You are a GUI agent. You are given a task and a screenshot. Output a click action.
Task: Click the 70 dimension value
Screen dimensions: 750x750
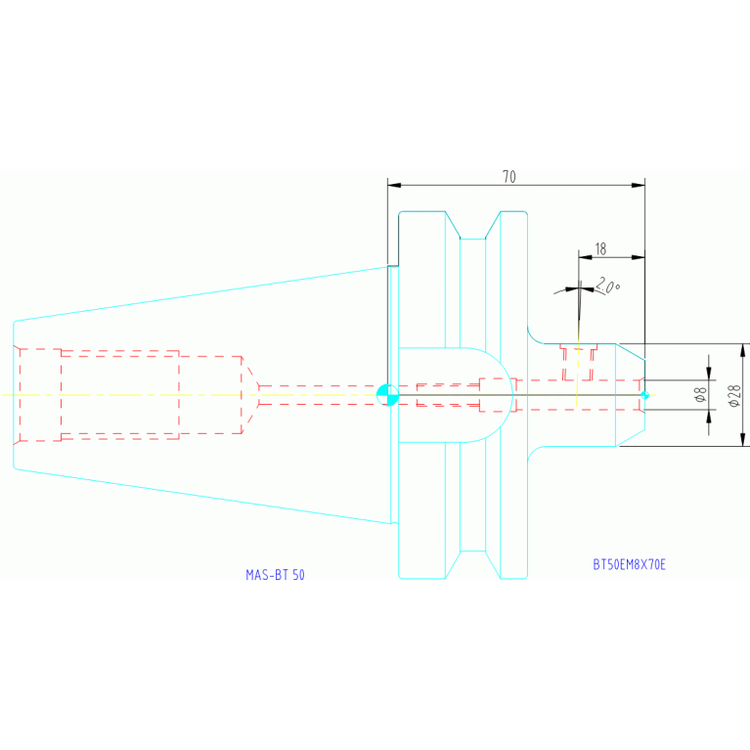tap(509, 177)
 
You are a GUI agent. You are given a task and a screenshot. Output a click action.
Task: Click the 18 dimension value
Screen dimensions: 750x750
tap(600, 249)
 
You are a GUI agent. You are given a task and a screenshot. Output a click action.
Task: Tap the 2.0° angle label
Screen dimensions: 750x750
tap(608, 286)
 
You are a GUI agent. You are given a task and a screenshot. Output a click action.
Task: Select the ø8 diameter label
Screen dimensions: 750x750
tap(700, 395)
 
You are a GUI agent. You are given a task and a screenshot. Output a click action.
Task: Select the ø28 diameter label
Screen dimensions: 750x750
tap(734, 396)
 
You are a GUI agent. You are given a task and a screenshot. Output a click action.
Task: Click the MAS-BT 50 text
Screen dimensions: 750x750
tap(275, 574)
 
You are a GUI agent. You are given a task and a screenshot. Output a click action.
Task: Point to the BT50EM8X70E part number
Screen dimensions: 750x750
tap(629, 564)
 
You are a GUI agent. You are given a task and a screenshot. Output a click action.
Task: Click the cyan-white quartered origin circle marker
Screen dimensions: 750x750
tap(387, 395)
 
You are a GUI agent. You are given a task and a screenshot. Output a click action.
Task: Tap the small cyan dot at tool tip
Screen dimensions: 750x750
tap(644, 395)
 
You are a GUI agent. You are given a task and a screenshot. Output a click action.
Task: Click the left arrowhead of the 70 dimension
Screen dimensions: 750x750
tap(394, 185)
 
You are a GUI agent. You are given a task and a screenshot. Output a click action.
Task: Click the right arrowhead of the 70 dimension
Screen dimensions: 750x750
tap(639, 185)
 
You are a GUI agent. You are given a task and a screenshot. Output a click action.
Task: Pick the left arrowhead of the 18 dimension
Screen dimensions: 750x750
tap(585, 257)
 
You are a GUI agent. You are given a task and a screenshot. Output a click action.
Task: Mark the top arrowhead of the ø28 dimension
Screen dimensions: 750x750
tap(742, 350)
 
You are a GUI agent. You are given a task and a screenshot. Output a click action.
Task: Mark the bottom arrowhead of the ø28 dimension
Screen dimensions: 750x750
tap(742, 439)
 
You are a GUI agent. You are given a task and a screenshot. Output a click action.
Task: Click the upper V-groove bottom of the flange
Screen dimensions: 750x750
tap(472, 239)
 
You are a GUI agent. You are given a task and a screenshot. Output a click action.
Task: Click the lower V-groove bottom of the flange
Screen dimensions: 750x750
tap(472, 551)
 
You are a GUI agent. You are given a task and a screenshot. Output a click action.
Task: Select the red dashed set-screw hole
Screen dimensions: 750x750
tap(578, 362)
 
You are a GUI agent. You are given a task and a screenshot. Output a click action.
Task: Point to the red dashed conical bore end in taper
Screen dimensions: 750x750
tap(250, 395)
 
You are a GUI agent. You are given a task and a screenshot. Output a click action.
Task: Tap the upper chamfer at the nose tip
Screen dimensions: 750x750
tap(630, 352)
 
